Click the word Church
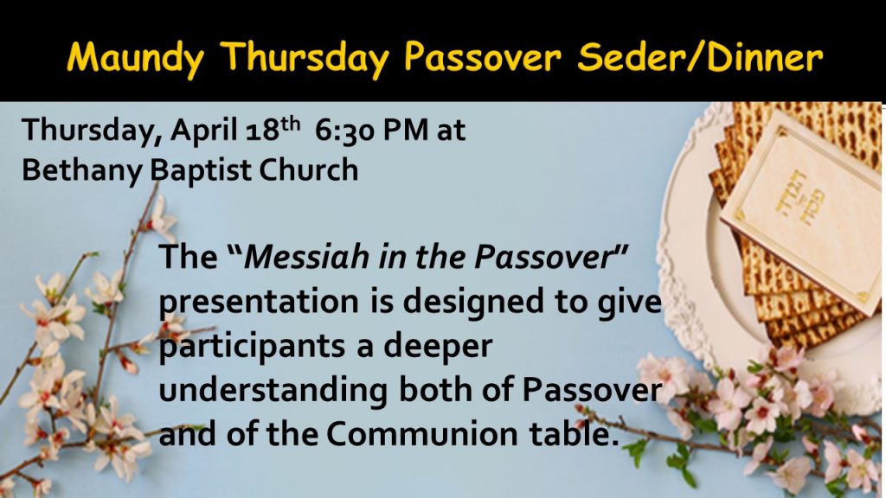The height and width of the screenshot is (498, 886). [309, 170]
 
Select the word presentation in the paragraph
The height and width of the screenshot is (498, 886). [258, 302]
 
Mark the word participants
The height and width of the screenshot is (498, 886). [253, 347]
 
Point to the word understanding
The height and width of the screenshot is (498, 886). [273, 391]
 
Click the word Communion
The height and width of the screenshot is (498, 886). [421, 434]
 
